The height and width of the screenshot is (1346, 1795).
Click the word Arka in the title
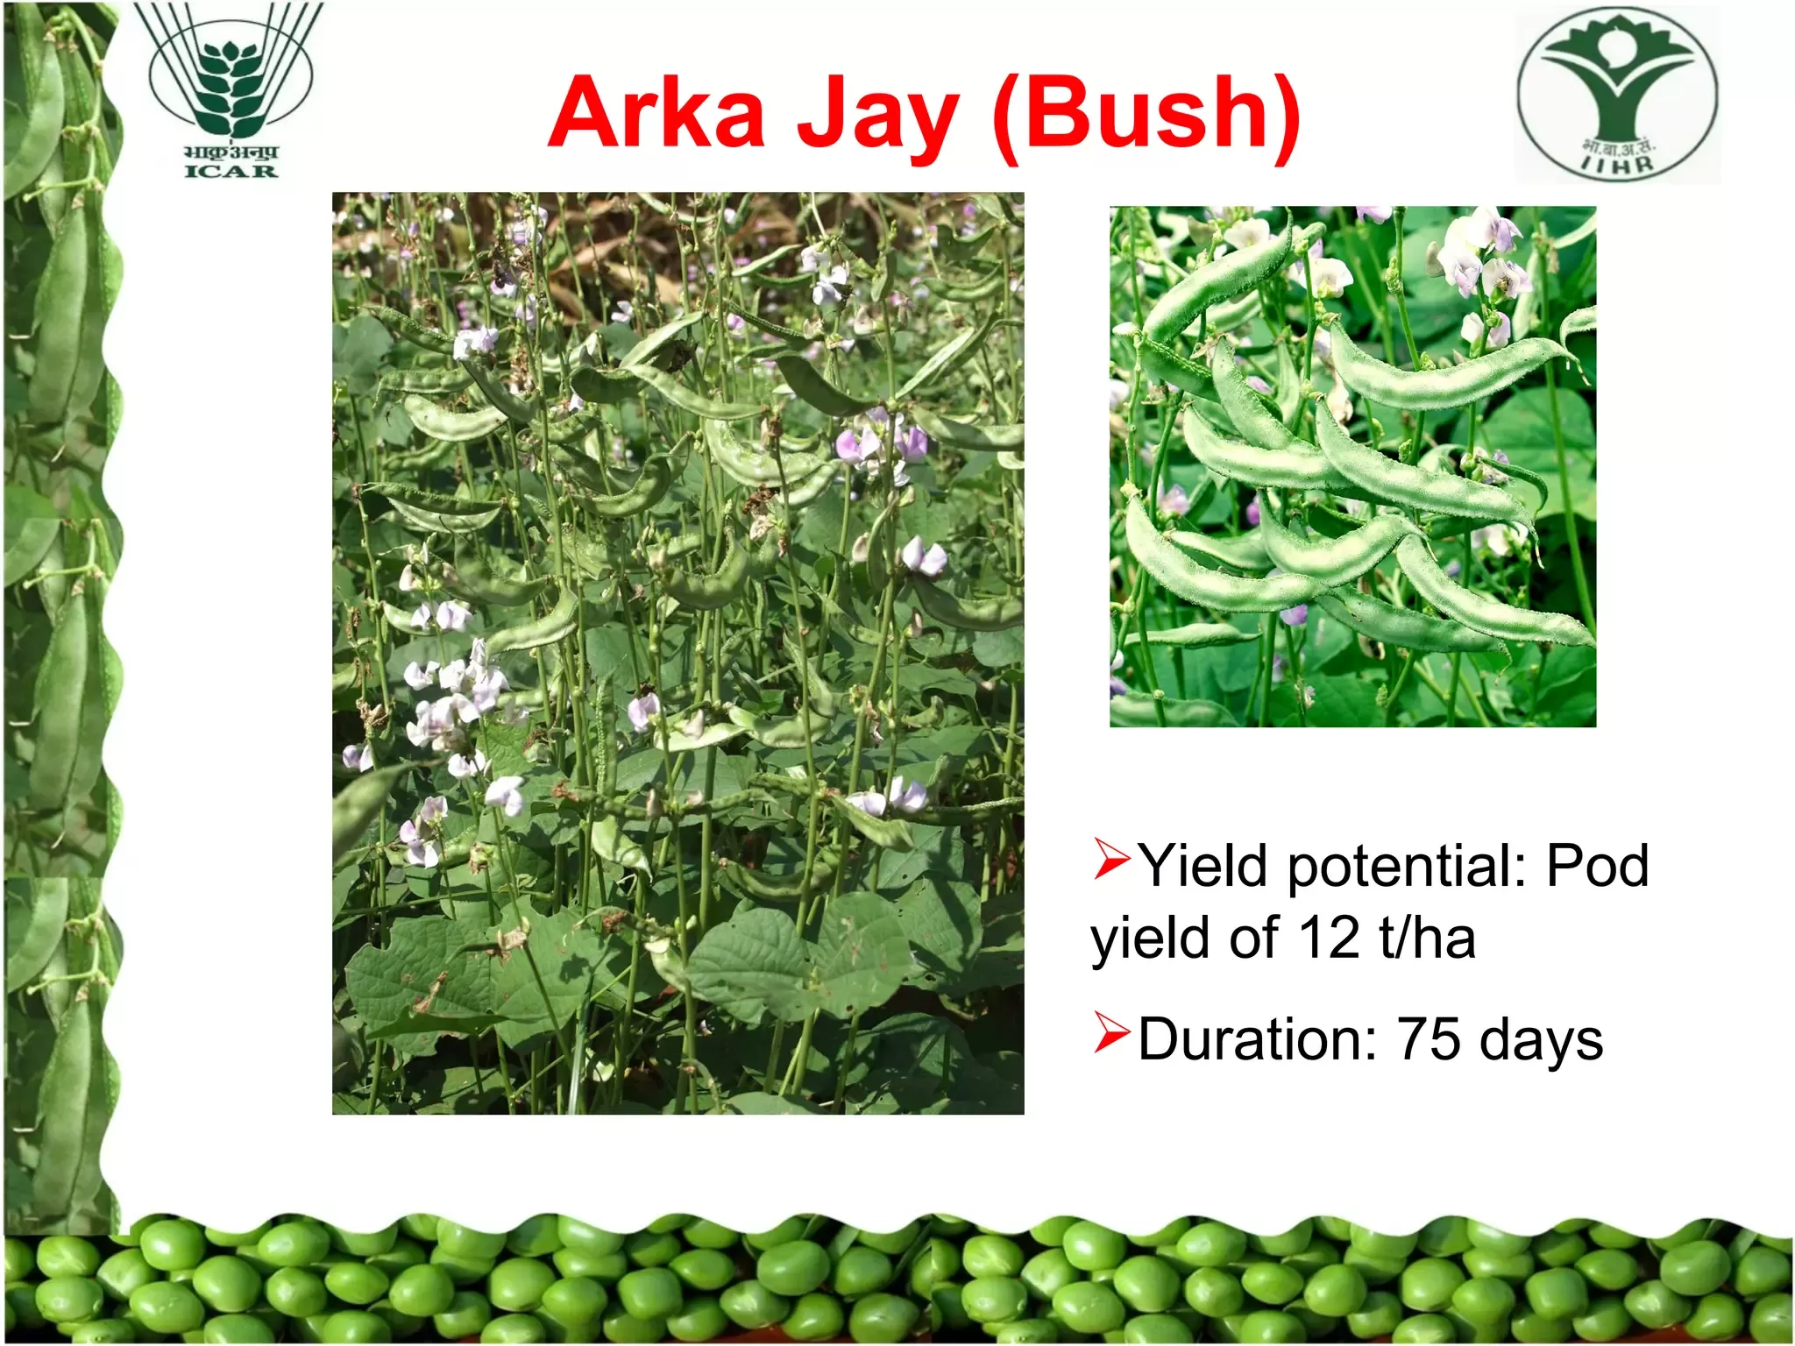pos(657,113)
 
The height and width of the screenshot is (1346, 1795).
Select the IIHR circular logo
pos(1618,94)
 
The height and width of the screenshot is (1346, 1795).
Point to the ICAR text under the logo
pos(231,170)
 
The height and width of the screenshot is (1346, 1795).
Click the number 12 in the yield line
pos(1329,938)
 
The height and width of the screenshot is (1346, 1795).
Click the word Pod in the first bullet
pos(1598,866)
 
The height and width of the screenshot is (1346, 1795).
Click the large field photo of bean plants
pos(678,653)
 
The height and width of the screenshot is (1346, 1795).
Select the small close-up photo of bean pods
pos(1352,466)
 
